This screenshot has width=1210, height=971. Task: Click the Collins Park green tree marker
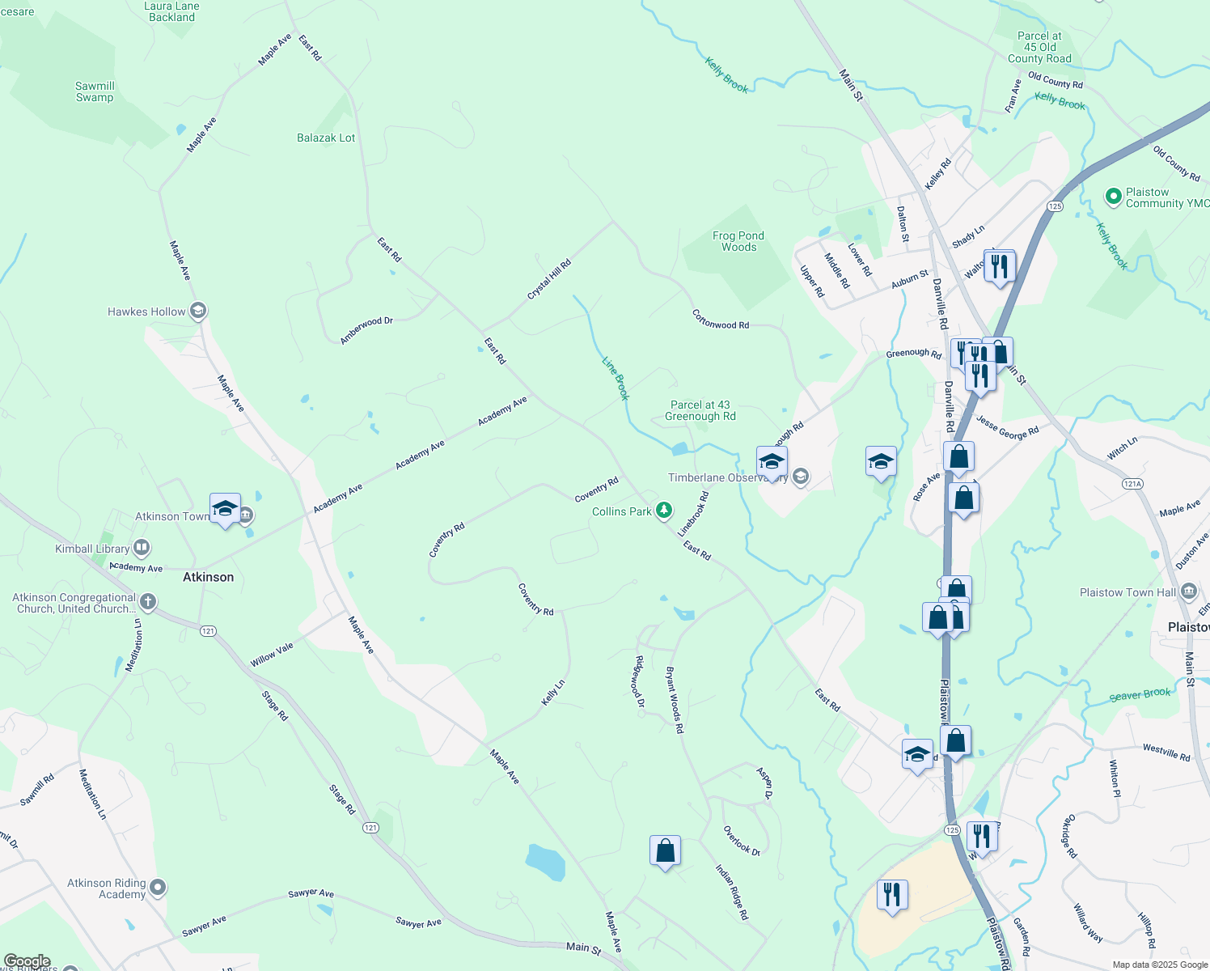pos(663,510)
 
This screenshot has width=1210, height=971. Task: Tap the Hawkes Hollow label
pos(146,312)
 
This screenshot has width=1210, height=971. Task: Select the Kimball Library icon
pos(142,549)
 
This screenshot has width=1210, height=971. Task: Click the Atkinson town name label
pos(208,577)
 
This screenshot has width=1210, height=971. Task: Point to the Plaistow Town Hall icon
pos(1188,592)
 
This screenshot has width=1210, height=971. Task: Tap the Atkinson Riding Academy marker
pos(158,888)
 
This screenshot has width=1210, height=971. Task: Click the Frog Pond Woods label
pos(738,241)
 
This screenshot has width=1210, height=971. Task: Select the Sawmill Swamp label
pos(95,91)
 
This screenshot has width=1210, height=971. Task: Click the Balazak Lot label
pos(326,138)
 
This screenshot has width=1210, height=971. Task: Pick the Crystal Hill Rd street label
pos(549,279)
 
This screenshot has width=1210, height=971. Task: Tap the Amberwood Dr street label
pos(366,331)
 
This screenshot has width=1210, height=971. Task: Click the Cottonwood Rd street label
pos(721,320)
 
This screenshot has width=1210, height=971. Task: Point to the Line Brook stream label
pos(616,378)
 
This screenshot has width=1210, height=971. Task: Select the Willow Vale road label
pos(272,655)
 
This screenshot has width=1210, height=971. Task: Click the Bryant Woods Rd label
pos(675,699)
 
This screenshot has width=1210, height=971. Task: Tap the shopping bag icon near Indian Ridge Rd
pos(665,851)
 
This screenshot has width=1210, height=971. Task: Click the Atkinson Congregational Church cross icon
pos(147,601)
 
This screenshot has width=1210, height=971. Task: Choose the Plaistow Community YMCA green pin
pos(1113,196)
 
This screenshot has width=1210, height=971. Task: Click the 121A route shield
pos(1132,484)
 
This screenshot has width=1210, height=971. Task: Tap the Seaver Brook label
pos(1140,695)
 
